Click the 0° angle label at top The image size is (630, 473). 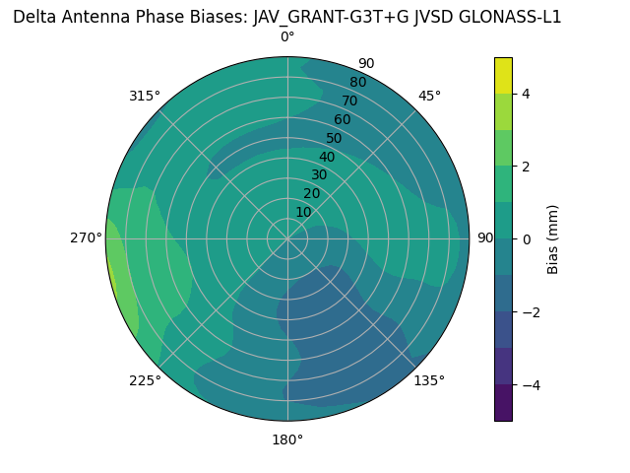pyautogui.click(x=287, y=37)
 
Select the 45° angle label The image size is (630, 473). pyautogui.click(x=429, y=96)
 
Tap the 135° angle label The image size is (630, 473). pyautogui.click(x=429, y=380)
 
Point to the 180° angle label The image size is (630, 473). pyautogui.click(x=287, y=439)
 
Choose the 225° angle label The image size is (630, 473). pyautogui.click(x=145, y=380)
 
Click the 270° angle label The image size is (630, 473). pyautogui.click(x=86, y=237)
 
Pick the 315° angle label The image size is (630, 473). pyautogui.click(x=145, y=96)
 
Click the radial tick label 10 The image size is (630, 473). pyautogui.click(x=303, y=212)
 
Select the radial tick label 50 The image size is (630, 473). pyautogui.click(x=334, y=138)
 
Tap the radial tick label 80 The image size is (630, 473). pyautogui.click(x=357, y=82)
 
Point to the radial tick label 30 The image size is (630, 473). pyautogui.click(x=318, y=175)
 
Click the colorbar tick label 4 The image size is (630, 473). pyautogui.click(x=527, y=94)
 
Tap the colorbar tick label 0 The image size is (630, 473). pyautogui.click(x=527, y=238)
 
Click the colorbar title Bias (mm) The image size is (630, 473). pyautogui.click(x=553, y=238)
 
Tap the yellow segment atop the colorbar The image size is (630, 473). pyautogui.click(x=504, y=75)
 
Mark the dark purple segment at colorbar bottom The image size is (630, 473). pyautogui.click(x=504, y=403)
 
